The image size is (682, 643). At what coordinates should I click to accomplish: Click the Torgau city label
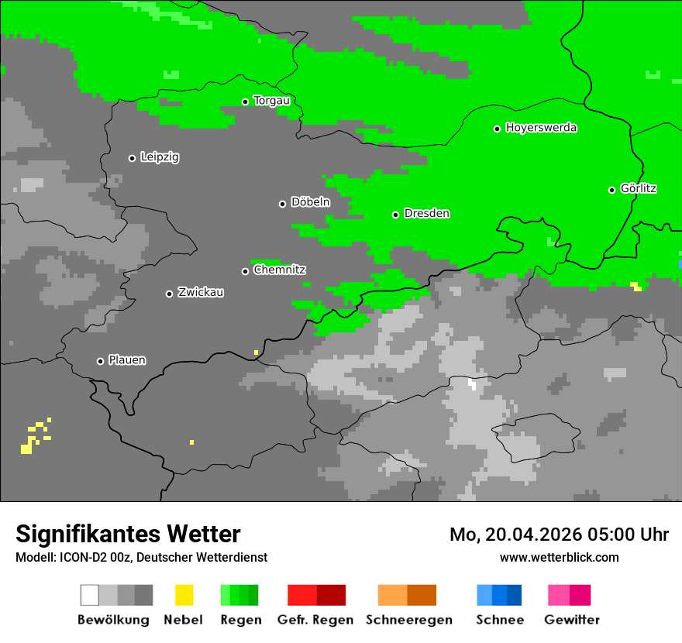(271, 101)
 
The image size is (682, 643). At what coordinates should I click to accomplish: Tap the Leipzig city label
(160, 157)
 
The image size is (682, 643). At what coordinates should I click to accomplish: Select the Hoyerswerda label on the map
(541, 128)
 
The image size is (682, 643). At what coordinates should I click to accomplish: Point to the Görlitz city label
(639, 188)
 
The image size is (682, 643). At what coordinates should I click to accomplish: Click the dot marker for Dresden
(395, 215)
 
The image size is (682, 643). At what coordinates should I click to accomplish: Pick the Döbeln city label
(310, 202)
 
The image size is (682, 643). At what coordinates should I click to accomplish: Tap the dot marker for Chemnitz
(245, 271)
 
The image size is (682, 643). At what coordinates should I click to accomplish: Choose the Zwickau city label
(201, 292)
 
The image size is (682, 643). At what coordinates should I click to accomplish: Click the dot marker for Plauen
(100, 361)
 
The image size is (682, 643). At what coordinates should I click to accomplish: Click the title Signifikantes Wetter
(128, 534)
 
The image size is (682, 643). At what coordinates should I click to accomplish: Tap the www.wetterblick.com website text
(559, 557)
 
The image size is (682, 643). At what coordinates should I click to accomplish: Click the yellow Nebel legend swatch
(184, 595)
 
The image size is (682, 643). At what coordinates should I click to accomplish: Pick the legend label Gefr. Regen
(315, 620)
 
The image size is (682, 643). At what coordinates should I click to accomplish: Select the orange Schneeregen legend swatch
(407, 595)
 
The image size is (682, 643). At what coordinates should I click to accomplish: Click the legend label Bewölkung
(113, 620)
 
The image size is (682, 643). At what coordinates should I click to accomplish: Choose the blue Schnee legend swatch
(499, 595)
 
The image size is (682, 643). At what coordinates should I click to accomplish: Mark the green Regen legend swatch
(239, 595)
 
